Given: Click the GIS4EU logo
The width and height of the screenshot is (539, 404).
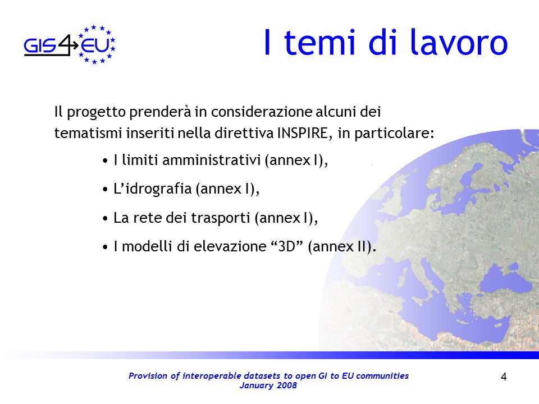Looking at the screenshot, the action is click(x=70, y=45).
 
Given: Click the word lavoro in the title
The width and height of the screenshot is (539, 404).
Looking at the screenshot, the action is click(x=459, y=42).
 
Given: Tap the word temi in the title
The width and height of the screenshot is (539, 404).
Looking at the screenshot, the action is click(x=319, y=43).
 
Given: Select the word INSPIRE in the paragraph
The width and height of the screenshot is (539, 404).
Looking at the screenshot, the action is click(x=304, y=133).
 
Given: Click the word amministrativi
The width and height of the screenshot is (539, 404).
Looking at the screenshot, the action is click(x=212, y=160).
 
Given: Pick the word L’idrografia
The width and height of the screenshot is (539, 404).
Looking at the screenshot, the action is click(x=152, y=189).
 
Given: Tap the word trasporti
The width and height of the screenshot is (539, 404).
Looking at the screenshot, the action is click(x=220, y=218).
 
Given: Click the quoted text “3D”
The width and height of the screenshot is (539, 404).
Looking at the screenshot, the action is click(x=287, y=246).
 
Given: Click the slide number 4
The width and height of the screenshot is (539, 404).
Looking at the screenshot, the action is click(x=504, y=377).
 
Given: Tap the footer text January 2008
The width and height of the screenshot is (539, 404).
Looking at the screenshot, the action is click(x=268, y=385).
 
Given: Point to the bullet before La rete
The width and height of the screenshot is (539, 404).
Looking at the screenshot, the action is click(x=105, y=218).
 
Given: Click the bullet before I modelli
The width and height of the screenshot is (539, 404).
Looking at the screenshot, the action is click(x=105, y=247).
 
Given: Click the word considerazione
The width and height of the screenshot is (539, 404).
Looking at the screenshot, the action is click(x=261, y=112).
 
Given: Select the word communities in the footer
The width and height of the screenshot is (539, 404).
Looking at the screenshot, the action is click(x=382, y=376).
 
